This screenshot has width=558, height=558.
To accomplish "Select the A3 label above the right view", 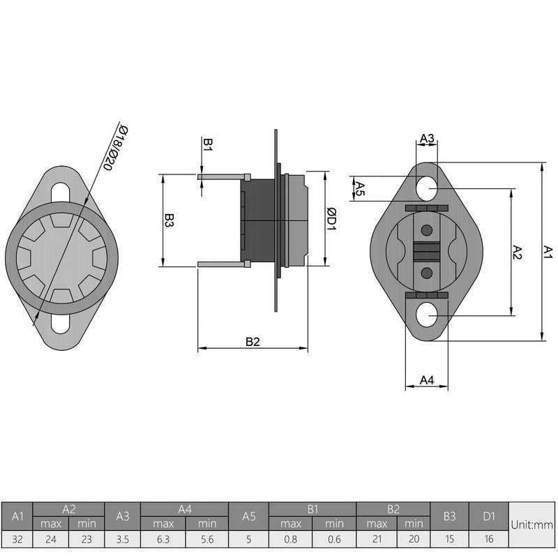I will pyautogui.click(x=427, y=138).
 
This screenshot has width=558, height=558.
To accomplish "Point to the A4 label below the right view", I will pyautogui.click(x=427, y=379).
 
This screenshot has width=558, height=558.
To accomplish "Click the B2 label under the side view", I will pyautogui.click(x=252, y=342).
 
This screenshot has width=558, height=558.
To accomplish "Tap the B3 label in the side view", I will pyautogui.click(x=169, y=221).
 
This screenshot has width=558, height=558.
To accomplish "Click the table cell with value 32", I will pyautogui.click(x=17, y=538).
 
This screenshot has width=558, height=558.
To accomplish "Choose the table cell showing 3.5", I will pyautogui.click(x=123, y=538).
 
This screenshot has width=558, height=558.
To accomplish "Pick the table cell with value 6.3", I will pyautogui.click(x=163, y=538).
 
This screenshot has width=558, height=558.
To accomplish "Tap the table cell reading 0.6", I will pyautogui.click(x=334, y=538).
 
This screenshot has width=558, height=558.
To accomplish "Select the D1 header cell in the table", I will pyautogui.click(x=489, y=517).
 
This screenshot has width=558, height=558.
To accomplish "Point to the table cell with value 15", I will pyautogui.click(x=449, y=538).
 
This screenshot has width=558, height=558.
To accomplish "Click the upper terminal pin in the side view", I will pyautogui.click(x=222, y=176).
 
